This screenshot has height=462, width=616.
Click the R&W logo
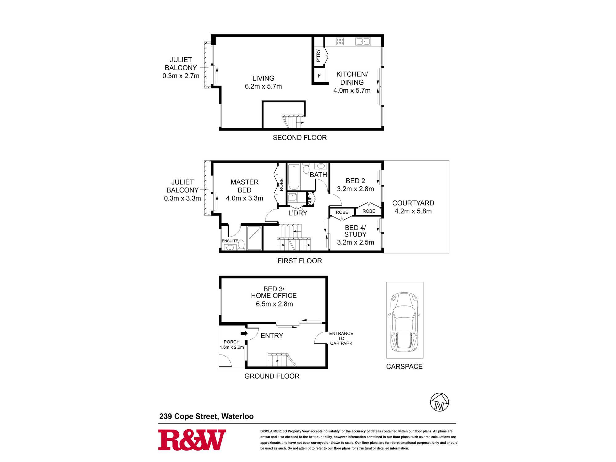click(192, 440)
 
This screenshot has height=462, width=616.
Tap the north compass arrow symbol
click(440, 402)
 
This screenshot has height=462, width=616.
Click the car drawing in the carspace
click(405, 322)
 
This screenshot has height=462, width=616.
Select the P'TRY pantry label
click(318, 55)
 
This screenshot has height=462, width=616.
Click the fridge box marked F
click(319, 75)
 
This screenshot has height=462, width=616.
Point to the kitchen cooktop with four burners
click(340, 41)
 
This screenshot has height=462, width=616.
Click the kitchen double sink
click(363, 41)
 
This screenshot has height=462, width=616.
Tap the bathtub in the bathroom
click(294, 177)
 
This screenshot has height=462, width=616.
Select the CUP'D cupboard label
click(310, 198)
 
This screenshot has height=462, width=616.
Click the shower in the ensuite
click(254, 238)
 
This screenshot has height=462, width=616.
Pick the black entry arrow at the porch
click(244, 333)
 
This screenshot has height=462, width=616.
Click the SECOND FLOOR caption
click(300, 138)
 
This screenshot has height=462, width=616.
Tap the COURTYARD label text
click(413, 203)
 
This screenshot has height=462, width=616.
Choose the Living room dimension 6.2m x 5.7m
click(263, 87)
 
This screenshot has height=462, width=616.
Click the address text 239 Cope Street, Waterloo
click(206, 416)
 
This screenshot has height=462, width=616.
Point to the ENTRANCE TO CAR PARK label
click(341, 338)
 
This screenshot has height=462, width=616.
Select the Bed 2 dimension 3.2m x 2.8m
click(355, 189)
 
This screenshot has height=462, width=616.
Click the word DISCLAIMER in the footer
click(271, 431)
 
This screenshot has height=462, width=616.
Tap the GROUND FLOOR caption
click(272, 376)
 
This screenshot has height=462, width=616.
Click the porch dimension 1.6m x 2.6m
click(232, 347)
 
